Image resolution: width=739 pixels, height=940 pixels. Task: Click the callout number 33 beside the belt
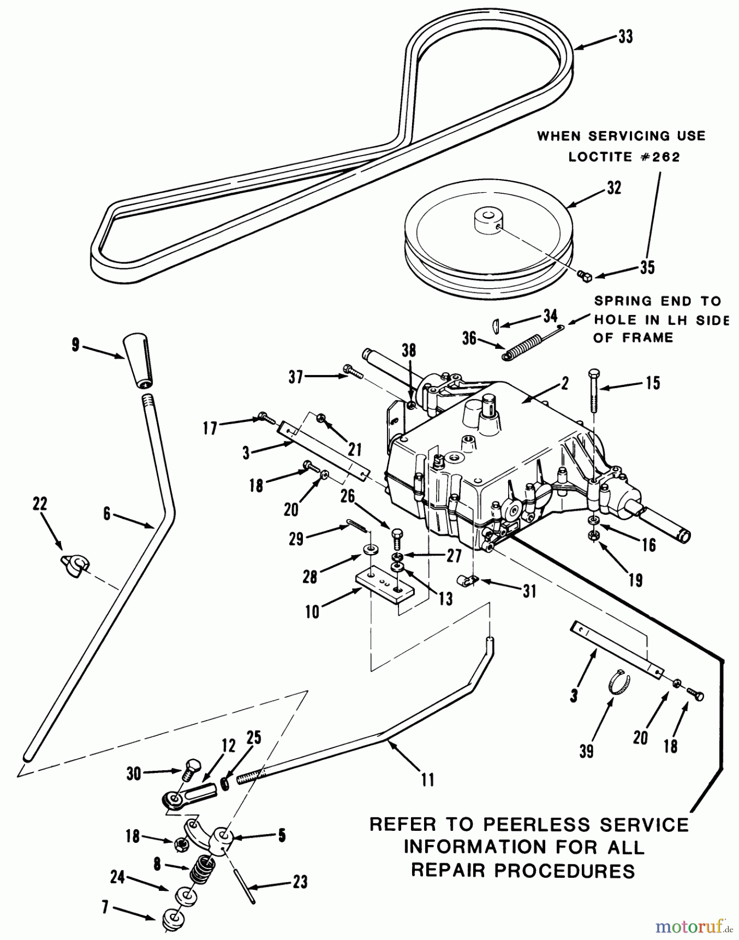[625, 37]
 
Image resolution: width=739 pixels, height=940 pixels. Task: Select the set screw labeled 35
[585, 275]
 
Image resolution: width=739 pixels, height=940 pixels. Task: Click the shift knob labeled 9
[138, 361]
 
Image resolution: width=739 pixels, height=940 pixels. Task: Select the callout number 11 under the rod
[427, 780]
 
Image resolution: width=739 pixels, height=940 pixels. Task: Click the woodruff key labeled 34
[497, 326]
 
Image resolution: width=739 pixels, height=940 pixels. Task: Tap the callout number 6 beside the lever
[107, 514]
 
